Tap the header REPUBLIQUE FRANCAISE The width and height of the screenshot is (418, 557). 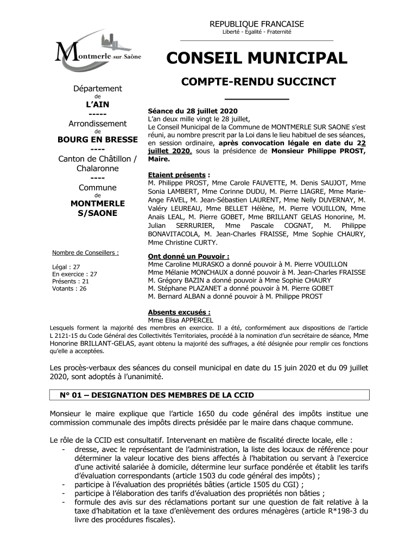(257, 24)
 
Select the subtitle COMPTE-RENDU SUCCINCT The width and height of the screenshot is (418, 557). (258, 82)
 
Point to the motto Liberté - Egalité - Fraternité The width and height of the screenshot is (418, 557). (257, 32)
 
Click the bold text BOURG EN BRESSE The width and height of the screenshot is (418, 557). (98, 139)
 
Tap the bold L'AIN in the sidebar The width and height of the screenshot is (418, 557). (98, 104)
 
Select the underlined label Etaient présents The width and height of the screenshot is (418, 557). (176, 175)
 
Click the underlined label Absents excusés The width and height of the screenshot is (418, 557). (179, 312)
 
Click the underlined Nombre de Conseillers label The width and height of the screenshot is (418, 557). (85, 252)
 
